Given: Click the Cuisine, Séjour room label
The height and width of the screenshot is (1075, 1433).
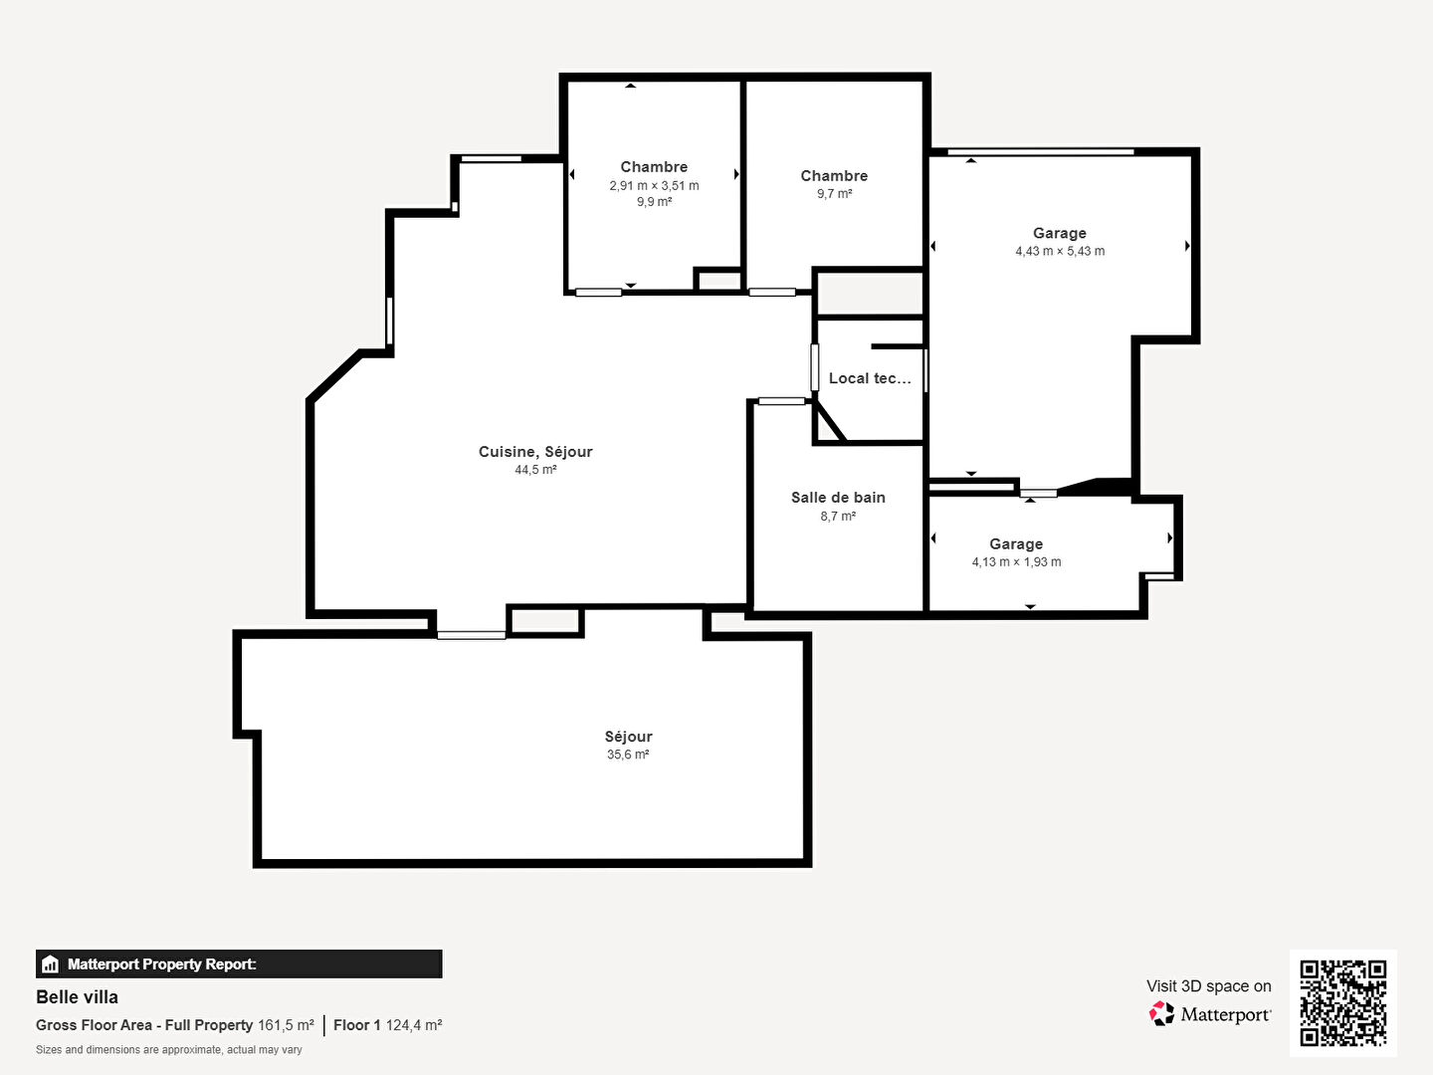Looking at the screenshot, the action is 535,452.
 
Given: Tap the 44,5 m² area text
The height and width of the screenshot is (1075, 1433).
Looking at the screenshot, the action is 535,469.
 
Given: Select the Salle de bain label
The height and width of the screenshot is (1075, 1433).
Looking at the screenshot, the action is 838,498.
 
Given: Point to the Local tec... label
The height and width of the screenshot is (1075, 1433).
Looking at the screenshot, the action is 870,378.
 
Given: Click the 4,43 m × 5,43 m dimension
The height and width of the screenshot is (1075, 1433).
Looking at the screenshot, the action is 1060,251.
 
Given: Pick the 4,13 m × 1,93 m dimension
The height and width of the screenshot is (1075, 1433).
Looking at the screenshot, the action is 1016,562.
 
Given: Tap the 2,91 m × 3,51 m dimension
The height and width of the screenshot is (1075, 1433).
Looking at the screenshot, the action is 654,185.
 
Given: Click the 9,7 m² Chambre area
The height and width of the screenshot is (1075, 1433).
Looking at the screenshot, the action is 834,194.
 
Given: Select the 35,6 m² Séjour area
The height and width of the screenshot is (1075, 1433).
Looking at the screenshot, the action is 628,754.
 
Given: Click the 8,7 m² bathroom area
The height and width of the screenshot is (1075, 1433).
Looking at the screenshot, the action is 838,517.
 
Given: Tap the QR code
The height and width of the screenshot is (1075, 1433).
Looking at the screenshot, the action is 1342,1003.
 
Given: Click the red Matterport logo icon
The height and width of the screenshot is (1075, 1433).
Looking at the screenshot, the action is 1161,1013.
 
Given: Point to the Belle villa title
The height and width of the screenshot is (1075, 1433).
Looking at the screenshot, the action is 77,997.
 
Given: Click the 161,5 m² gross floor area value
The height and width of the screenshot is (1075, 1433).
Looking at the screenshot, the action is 286,1025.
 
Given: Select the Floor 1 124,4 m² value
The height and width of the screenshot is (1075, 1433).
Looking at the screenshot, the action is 414,1025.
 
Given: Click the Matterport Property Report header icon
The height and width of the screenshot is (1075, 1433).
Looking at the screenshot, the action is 51,965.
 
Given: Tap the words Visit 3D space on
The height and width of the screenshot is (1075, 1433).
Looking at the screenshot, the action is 1209,986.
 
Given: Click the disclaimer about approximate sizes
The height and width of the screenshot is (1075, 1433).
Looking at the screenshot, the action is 169,1050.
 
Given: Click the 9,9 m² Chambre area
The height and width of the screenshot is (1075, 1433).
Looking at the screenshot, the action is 654,202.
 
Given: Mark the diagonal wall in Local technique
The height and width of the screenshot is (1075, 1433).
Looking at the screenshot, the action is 830,421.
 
